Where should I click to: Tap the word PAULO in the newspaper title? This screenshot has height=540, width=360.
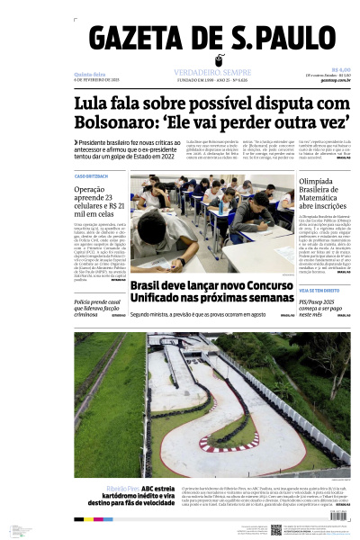click(x=297, y=41)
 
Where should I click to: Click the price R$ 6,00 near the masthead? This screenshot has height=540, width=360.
click(x=340, y=68)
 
